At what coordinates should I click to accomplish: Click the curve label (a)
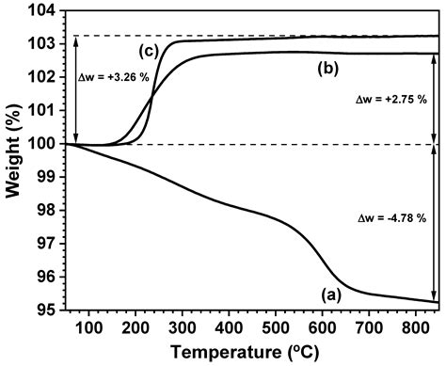[330, 294]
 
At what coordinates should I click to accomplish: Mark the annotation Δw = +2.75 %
[390, 98]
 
